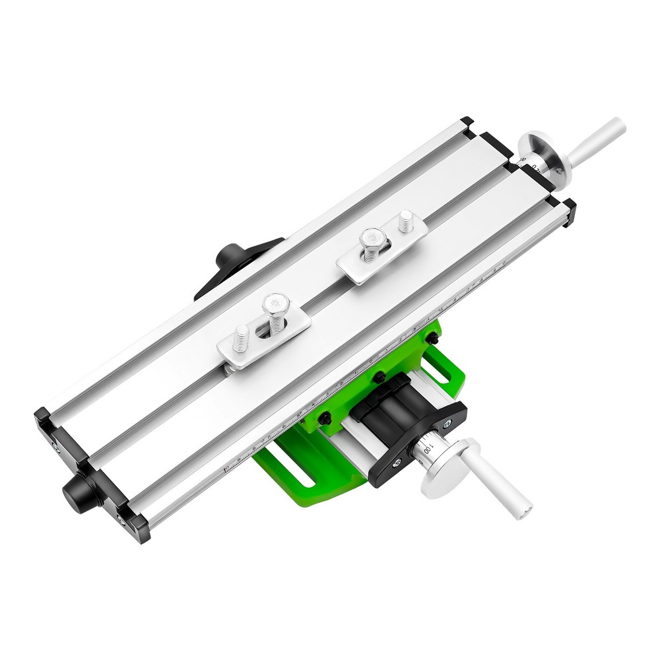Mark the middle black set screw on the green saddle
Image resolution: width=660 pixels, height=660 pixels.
tap(379, 378)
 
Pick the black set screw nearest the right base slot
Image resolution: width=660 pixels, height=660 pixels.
tap(432, 338)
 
